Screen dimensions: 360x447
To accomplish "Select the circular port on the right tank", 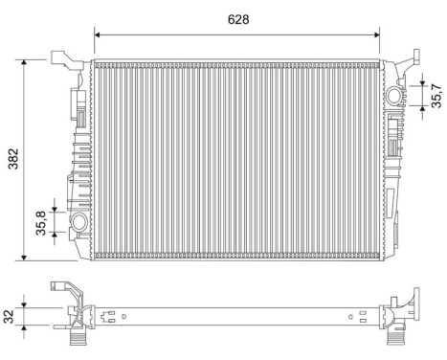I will tap(395, 97).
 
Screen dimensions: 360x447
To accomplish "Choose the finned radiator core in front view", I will tap(235, 158).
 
